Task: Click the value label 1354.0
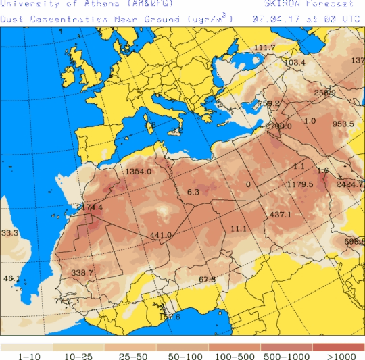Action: (x=138, y=172)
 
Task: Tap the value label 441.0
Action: (x=161, y=235)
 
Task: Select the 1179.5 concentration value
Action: (x=300, y=184)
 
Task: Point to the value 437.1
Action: (x=281, y=215)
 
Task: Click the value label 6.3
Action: (x=193, y=192)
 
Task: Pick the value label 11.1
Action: (x=239, y=229)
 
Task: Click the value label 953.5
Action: (x=343, y=124)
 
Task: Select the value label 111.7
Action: (x=264, y=47)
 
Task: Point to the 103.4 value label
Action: (x=295, y=63)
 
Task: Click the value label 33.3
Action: (x=9, y=233)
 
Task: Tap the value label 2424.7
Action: (x=349, y=184)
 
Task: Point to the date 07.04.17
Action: (x=271, y=19)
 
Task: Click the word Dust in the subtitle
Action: (x=11, y=19)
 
